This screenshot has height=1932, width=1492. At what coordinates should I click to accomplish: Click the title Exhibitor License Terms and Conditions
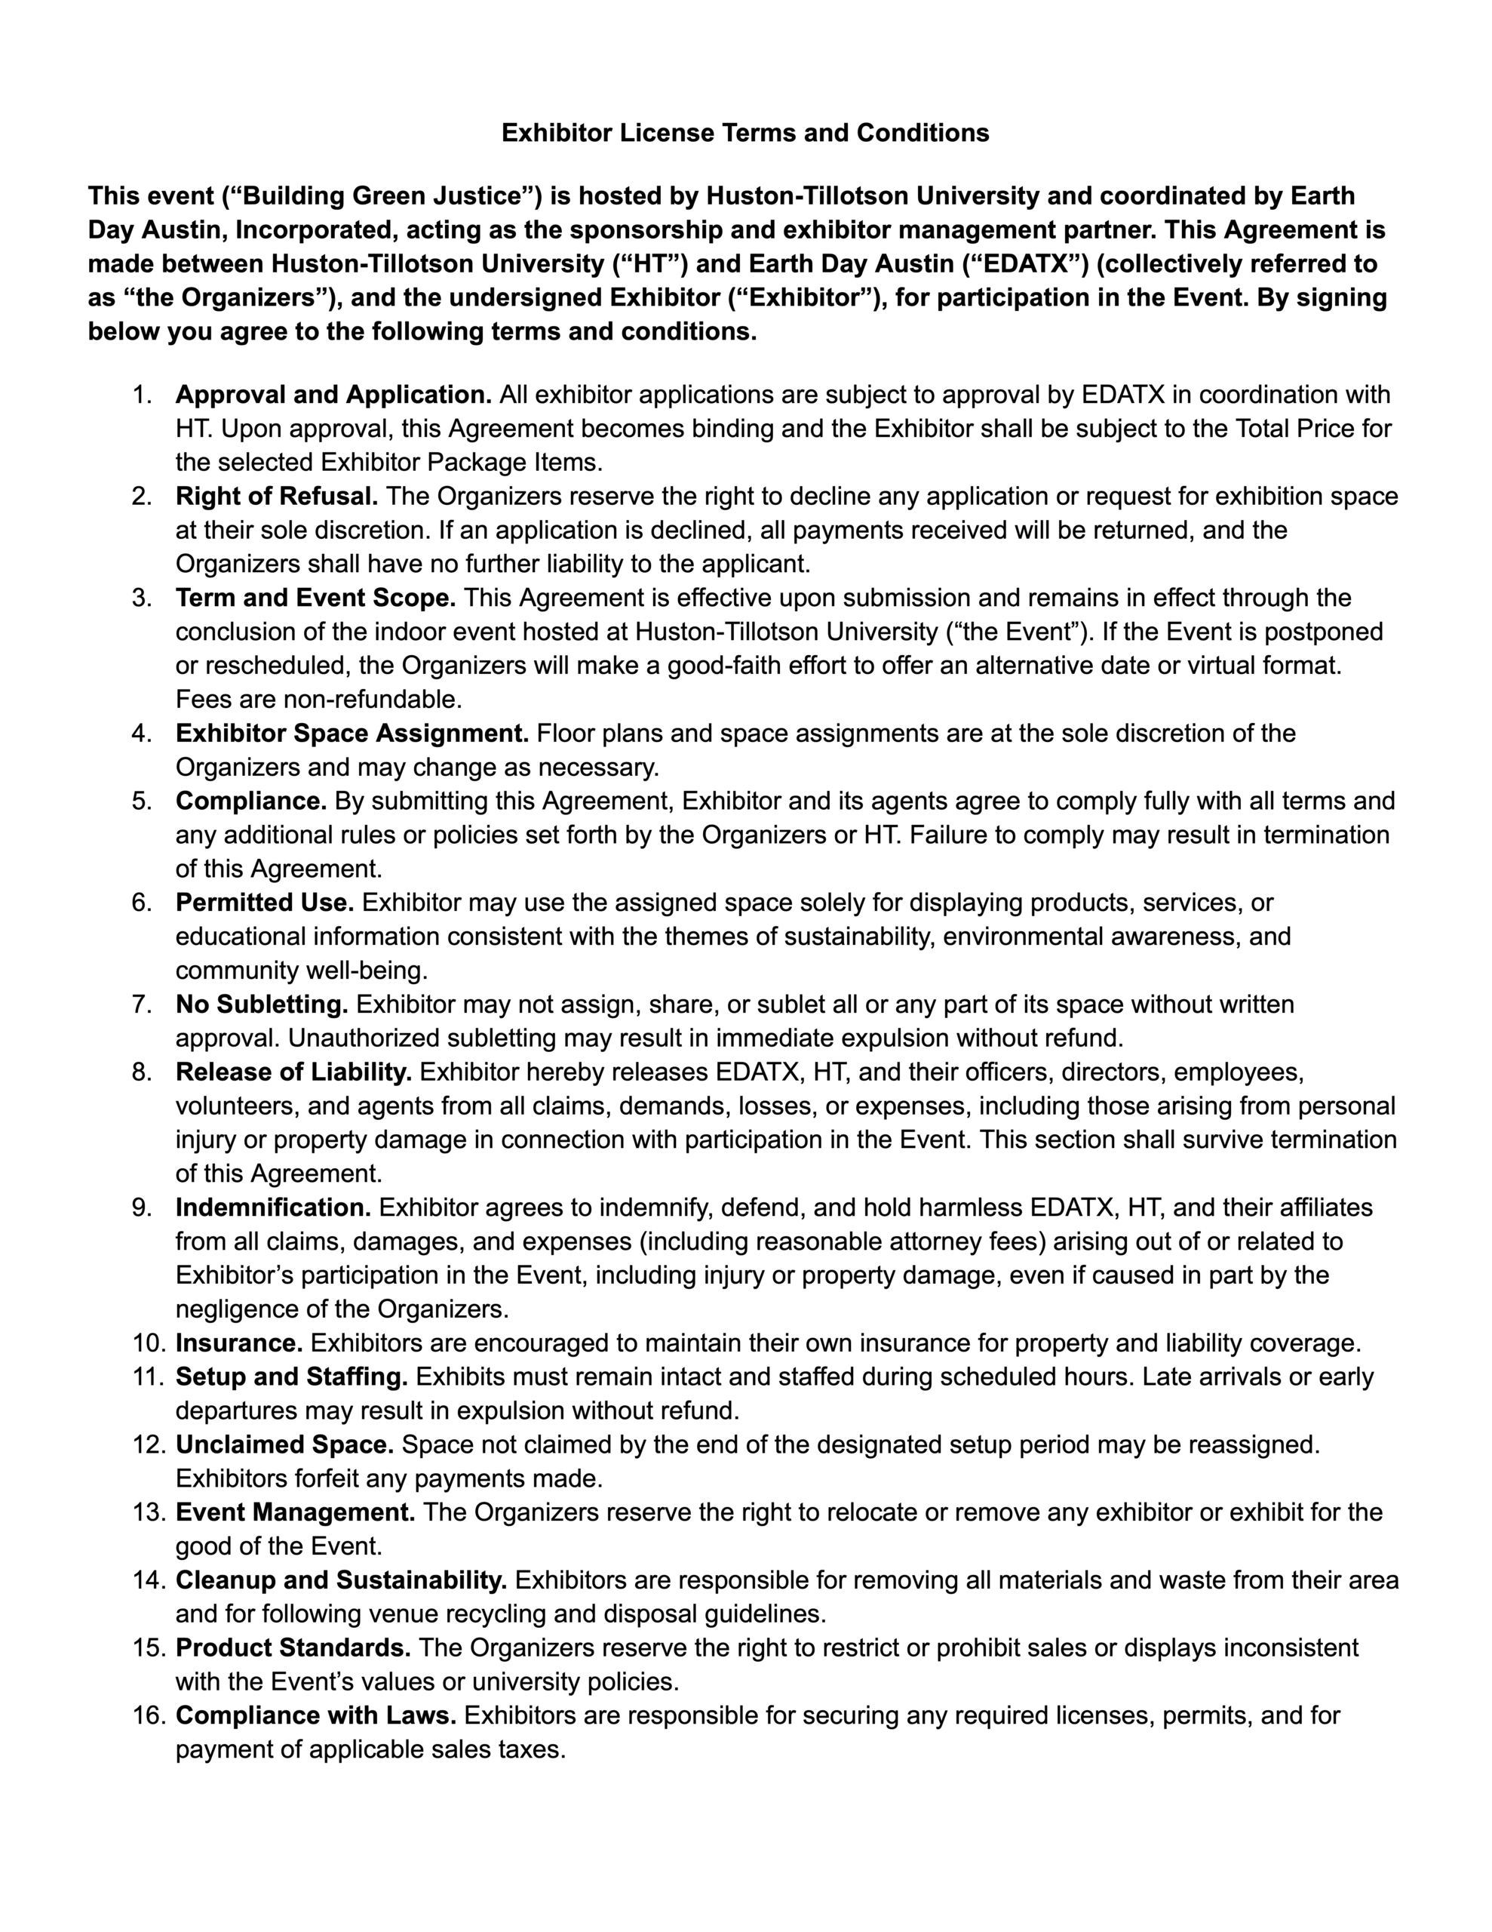pyautogui.click(x=744, y=133)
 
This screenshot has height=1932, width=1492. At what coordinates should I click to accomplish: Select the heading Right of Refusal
pyautogui.click(x=277, y=497)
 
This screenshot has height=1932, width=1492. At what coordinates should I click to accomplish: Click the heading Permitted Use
pyautogui.click(x=265, y=903)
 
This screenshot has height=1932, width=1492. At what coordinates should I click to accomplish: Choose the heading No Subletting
pyautogui.click(x=262, y=1005)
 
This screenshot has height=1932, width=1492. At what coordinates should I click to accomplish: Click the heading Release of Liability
pyautogui.click(x=293, y=1072)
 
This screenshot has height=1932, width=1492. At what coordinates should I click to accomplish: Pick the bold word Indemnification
pyautogui.click(x=273, y=1208)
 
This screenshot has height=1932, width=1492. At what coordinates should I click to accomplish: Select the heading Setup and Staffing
pyautogui.click(x=292, y=1377)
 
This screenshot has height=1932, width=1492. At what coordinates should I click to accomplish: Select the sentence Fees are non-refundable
pyautogui.click(x=319, y=700)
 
